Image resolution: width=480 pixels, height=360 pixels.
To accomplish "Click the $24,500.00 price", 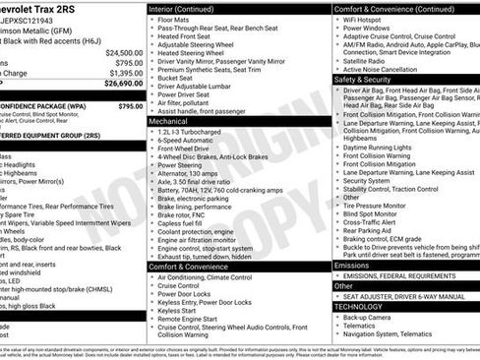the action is pos(124,52).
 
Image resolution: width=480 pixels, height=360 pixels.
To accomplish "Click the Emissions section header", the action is pos(352,266).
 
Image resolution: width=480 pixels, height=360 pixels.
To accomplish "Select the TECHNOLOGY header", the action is pos(358,306).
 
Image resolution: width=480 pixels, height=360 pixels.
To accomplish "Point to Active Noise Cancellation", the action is pos(385,70).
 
